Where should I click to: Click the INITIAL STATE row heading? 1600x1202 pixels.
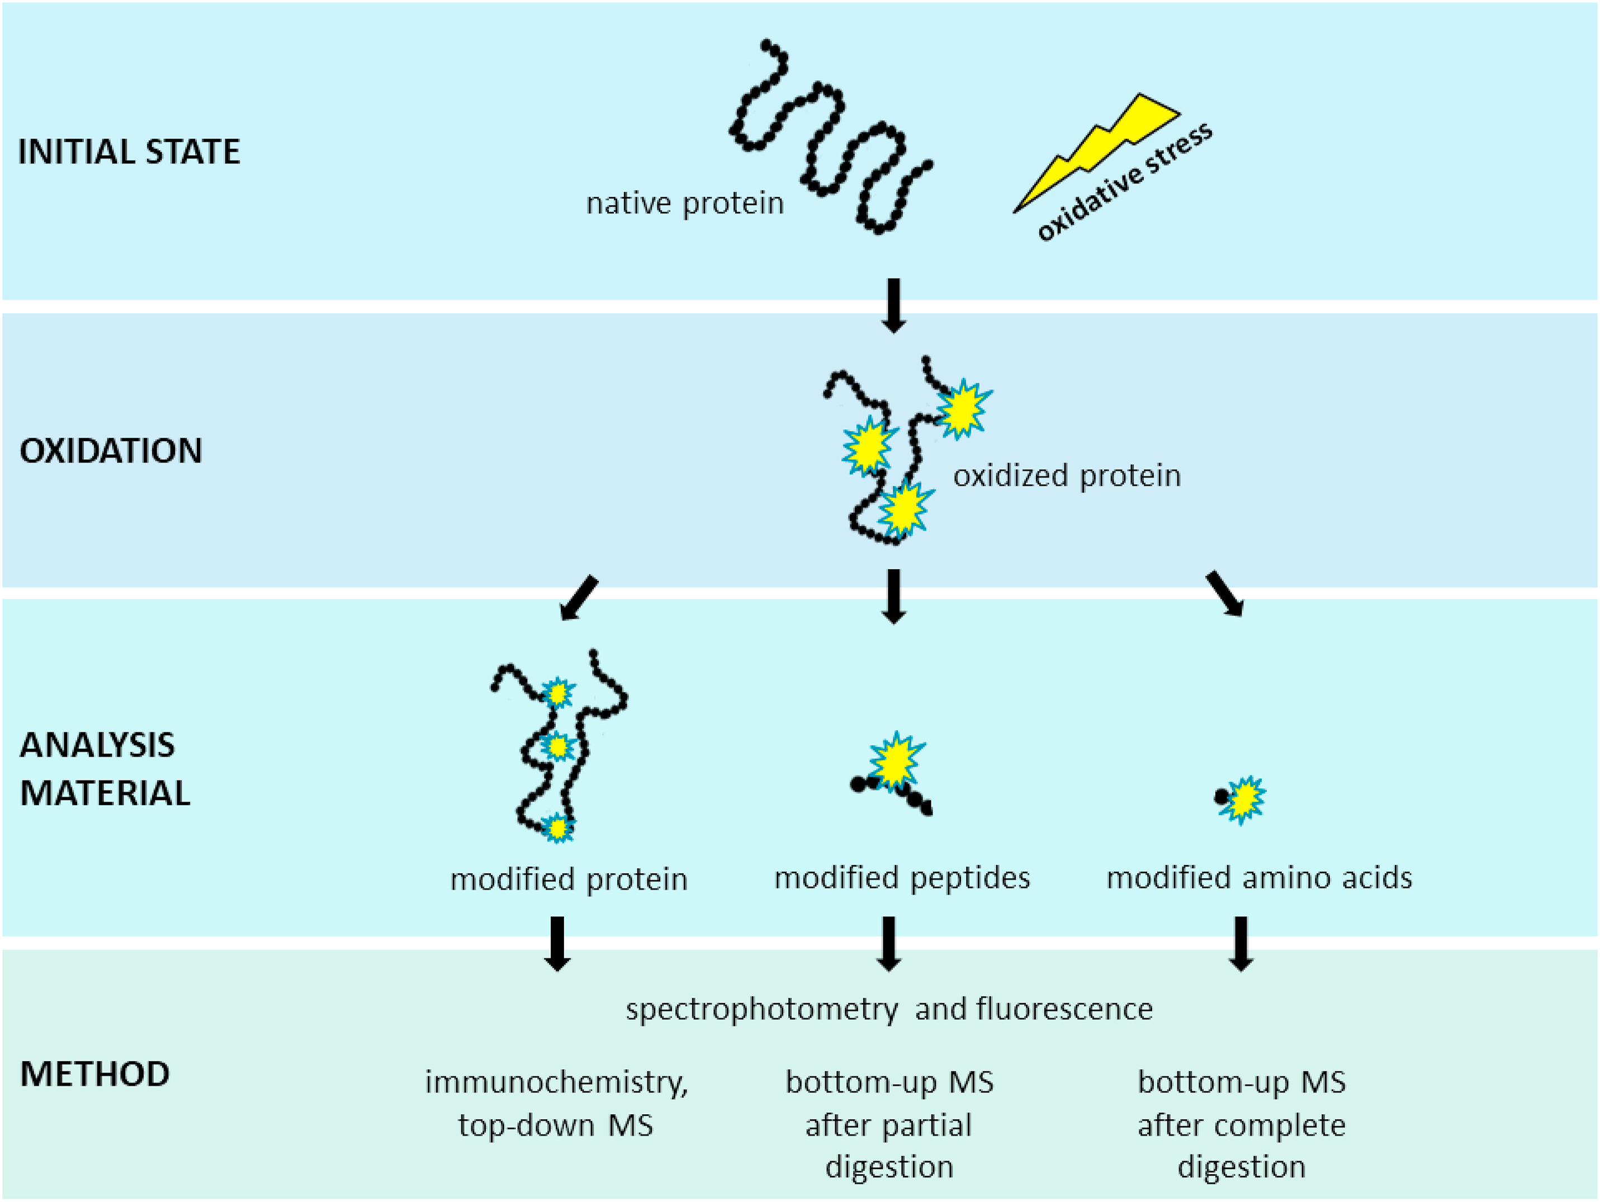[129, 152]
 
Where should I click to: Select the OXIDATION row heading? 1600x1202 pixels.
[111, 451]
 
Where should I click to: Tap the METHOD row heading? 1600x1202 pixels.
[94, 1074]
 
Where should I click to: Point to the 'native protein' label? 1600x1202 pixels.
[684, 204]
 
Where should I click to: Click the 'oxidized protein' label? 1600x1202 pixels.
[1067, 476]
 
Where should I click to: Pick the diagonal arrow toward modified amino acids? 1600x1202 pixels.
[1224, 594]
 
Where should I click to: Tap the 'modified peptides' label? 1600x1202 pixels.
[902, 878]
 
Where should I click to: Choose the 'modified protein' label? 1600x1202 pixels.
[569, 880]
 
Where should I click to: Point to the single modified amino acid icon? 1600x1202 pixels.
[1240, 798]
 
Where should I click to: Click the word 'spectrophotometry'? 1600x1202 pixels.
[761, 1010]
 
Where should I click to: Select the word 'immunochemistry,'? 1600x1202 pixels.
[556, 1083]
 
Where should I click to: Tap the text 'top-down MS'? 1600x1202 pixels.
[556, 1126]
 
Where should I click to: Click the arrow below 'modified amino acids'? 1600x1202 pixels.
[1241, 943]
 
